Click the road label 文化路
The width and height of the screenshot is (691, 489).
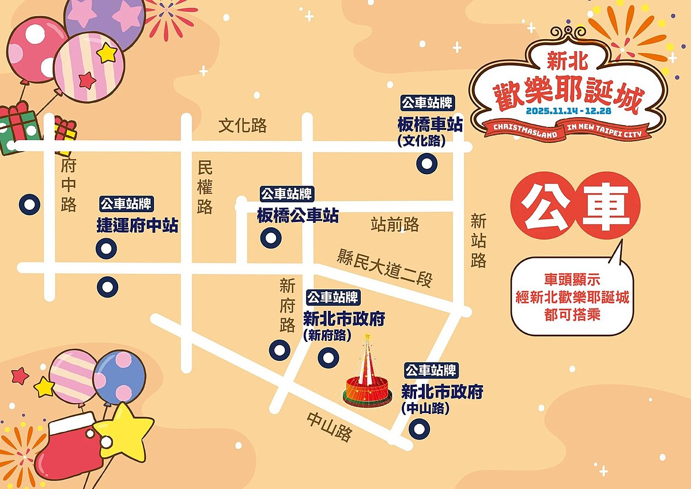click(x=243, y=126)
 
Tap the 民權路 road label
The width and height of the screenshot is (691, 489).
click(x=205, y=187)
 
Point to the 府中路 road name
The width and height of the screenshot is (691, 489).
click(x=69, y=186)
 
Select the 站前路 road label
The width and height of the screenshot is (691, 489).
click(x=395, y=224)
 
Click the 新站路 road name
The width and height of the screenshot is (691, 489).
click(x=478, y=240)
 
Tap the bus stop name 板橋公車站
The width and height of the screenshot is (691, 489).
click(x=297, y=216)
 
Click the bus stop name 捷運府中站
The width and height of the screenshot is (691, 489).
click(x=137, y=225)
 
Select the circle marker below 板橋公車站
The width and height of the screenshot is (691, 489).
click(x=270, y=237)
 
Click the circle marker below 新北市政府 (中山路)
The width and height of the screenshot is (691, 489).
click(x=418, y=428)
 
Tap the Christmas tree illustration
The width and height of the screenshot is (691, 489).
click(x=368, y=374)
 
